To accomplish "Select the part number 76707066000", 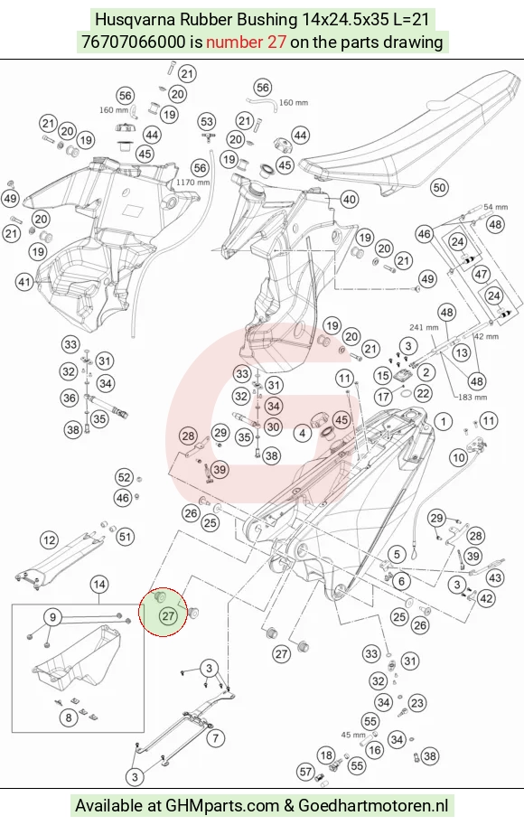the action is (x=134, y=42).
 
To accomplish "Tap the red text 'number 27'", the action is (x=246, y=42).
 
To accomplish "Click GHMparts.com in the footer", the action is (x=222, y=805).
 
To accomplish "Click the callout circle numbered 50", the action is (x=439, y=187).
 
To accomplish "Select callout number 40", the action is (x=350, y=200).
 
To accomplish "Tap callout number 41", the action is (x=24, y=282).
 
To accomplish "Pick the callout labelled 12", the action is (x=50, y=540).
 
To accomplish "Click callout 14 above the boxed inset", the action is (x=98, y=584).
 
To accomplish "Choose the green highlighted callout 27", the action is (x=168, y=616).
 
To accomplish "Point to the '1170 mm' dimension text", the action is (x=192, y=182).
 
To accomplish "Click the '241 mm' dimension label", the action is (x=424, y=327).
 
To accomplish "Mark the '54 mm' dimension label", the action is (x=496, y=207).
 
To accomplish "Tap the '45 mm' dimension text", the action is (x=353, y=735).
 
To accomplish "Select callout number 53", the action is (x=207, y=122).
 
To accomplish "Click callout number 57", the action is (x=305, y=772).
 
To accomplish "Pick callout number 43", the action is (x=495, y=577).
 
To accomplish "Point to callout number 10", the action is (x=459, y=457).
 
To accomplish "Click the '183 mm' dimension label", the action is (x=473, y=398).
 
